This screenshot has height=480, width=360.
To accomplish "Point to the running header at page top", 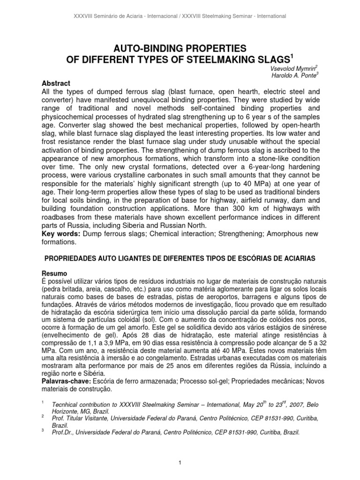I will pos(180,16).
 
